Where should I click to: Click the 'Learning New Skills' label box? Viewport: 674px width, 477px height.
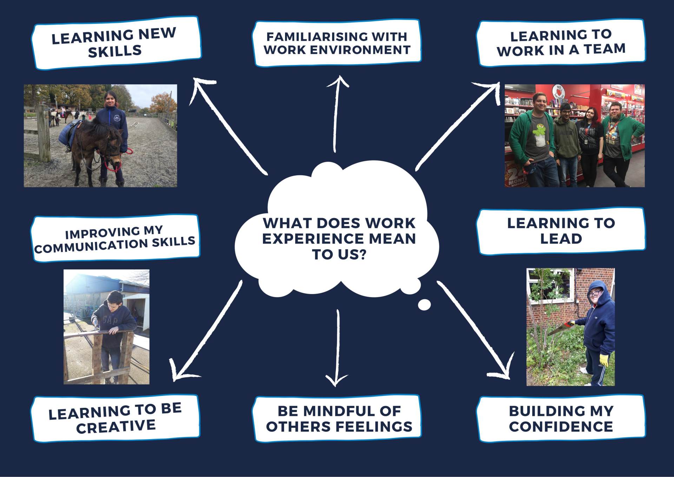pyautogui.click(x=116, y=43)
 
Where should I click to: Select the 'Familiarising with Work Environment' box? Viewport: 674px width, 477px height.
pyautogui.click(x=337, y=43)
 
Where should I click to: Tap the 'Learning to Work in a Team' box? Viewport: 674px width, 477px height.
pyautogui.click(x=561, y=43)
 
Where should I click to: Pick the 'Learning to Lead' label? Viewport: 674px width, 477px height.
pyautogui.click(x=561, y=231)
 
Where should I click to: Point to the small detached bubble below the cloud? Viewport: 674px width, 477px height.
pyautogui.click(x=424, y=305)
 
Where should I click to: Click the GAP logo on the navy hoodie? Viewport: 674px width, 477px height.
pyautogui.click(x=109, y=320)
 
